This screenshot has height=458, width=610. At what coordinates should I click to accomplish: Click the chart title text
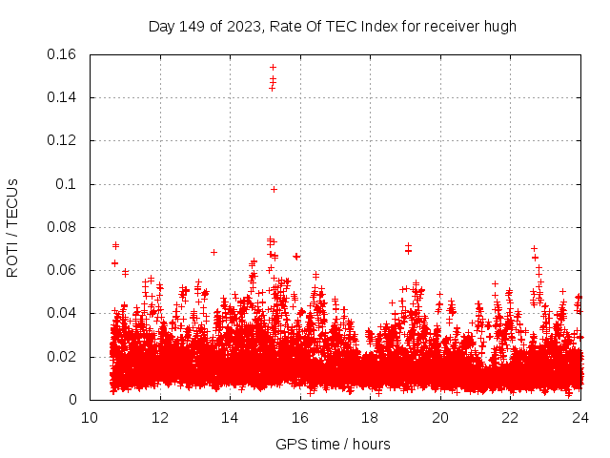click(x=332, y=26)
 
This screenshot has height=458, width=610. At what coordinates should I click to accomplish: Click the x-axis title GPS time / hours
click(x=333, y=444)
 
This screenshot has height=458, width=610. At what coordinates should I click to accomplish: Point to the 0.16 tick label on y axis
click(x=63, y=54)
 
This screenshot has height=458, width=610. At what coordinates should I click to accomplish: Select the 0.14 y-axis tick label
click(x=63, y=97)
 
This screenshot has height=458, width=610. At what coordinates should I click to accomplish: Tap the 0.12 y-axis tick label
click(x=63, y=141)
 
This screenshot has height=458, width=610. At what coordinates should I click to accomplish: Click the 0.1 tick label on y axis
click(x=68, y=184)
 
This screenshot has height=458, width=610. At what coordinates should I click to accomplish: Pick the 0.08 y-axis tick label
click(x=63, y=227)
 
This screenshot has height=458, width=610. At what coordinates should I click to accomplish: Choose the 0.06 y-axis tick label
click(x=63, y=271)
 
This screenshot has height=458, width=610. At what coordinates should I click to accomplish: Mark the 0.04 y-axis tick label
click(x=63, y=314)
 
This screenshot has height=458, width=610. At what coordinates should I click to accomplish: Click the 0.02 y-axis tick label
click(x=63, y=357)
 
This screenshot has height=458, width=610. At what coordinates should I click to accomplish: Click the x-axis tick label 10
click(x=90, y=418)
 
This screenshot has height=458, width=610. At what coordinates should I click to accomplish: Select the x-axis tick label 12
click(x=160, y=418)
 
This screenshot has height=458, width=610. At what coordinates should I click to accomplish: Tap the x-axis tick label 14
click(x=230, y=418)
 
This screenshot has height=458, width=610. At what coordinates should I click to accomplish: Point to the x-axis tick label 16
click(x=300, y=418)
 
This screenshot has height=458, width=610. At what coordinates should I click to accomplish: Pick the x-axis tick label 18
click(x=370, y=418)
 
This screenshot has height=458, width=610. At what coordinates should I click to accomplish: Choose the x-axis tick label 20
click(x=440, y=418)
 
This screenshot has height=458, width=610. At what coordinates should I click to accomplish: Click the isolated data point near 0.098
click(x=274, y=189)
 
